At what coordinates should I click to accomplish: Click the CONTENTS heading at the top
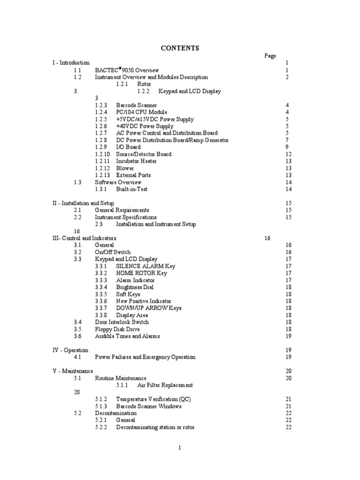[x=180, y=48]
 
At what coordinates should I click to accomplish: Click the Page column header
[x=270, y=56]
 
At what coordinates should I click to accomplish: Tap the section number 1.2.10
[x=103, y=154]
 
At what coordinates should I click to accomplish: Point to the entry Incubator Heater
[x=136, y=161]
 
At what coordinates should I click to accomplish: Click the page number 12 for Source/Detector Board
[x=288, y=154]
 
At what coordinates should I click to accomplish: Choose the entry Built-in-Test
[x=132, y=189]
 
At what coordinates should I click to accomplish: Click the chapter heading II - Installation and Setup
[x=83, y=203]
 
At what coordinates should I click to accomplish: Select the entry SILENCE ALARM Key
[x=145, y=266]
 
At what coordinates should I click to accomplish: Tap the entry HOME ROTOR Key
[x=141, y=273]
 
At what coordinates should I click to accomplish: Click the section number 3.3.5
[x=101, y=294]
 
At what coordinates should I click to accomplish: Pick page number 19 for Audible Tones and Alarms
[x=288, y=336]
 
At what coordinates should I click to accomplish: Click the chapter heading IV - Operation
[x=70, y=350]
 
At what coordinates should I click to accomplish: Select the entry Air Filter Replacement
[x=165, y=385]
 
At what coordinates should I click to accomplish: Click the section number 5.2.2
[x=101, y=427]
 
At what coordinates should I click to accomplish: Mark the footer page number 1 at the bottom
[x=180, y=448]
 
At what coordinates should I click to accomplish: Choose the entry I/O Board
[x=128, y=147]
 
